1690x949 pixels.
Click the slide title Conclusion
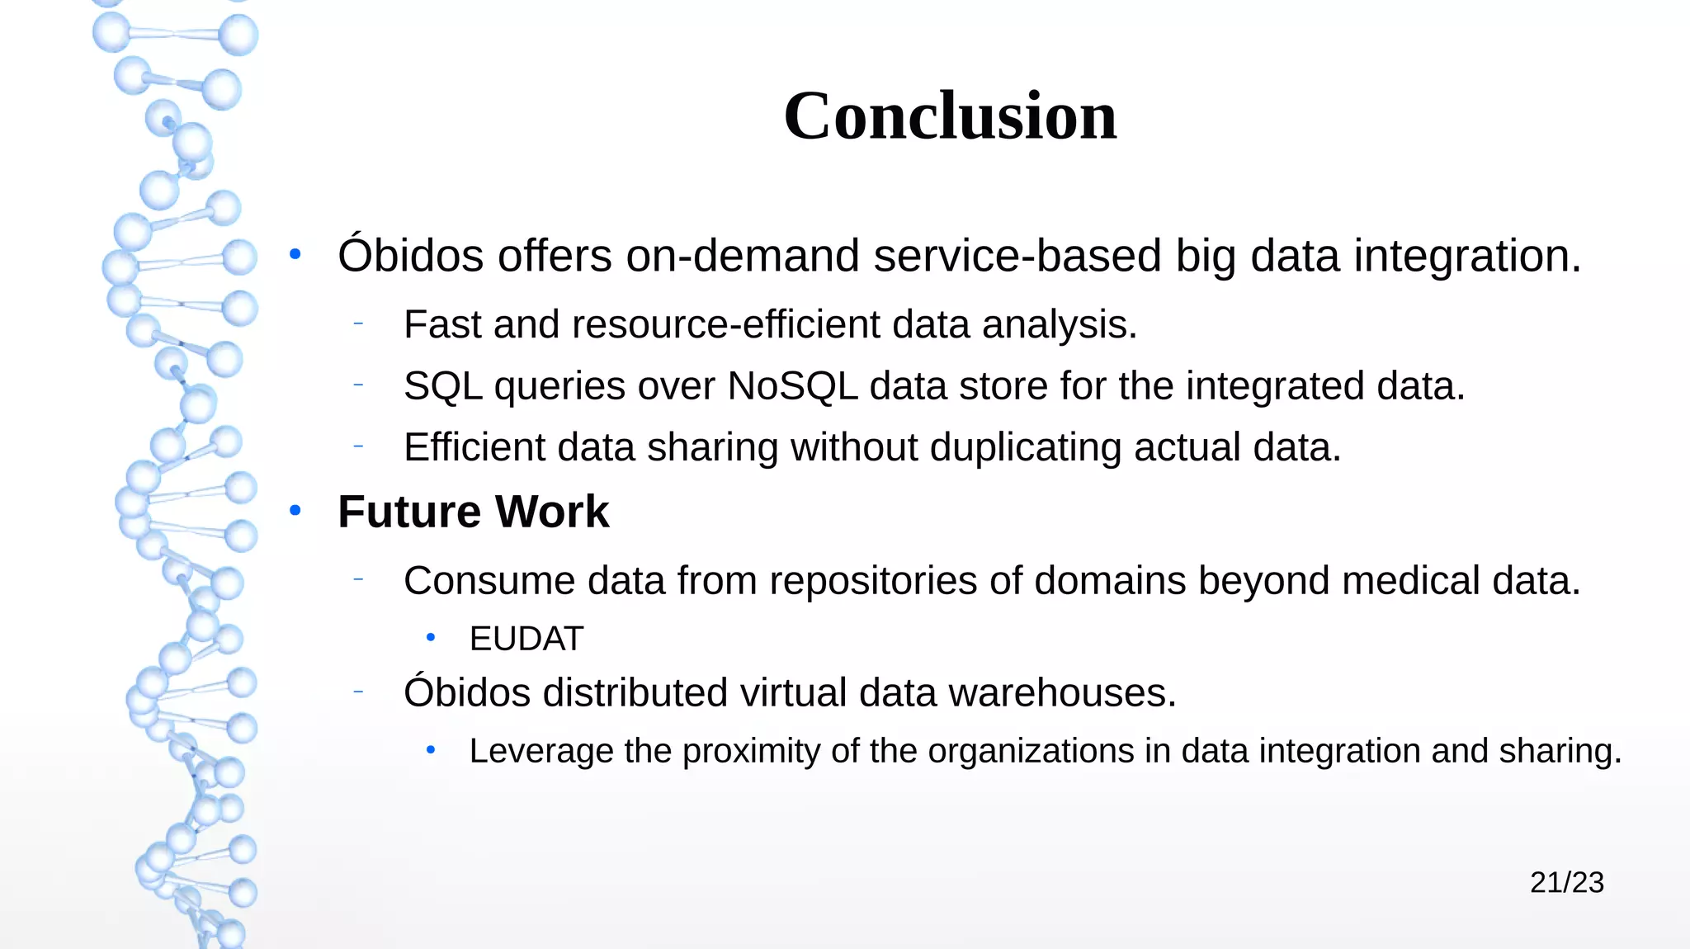[950, 116]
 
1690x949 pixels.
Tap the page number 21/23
[1566, 882]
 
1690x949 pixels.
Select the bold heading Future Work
[473, 512]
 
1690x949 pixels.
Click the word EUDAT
[526, 639]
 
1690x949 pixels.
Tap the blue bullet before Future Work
[295, 512]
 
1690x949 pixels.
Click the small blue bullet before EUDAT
[430, 638]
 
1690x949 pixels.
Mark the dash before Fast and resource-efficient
[358, 324]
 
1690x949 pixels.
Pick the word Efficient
[474, 447]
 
